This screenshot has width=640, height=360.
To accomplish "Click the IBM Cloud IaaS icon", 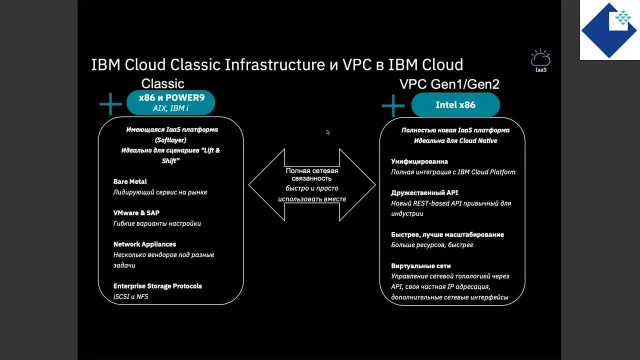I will [x=540, y=60].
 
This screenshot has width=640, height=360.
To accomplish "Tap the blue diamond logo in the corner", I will [x=608, y=30].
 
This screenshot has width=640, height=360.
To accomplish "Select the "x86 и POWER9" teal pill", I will [x=170, y=102].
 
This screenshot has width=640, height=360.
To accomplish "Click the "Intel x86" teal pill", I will [x=455, y=105].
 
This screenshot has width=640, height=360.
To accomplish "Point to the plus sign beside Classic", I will [x=110, y=104].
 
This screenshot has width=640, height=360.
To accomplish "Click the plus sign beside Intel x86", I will [x=393, y=105].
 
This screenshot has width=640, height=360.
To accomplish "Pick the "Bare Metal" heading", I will [x=130, y=181].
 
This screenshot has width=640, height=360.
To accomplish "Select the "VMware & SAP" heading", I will [x=136, y=213].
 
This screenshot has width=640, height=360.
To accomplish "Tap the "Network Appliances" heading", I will [x=144, y=244].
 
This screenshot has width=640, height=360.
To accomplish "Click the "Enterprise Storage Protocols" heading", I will [x=157, y=286].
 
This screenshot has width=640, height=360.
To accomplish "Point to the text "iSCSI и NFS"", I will [x=131, y=296].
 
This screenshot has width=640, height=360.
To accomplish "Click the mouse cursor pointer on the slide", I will [x=328, y=132].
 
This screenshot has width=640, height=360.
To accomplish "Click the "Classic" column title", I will [x=162, y=83].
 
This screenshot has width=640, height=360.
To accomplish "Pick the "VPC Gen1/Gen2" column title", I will [x=449, y=84].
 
